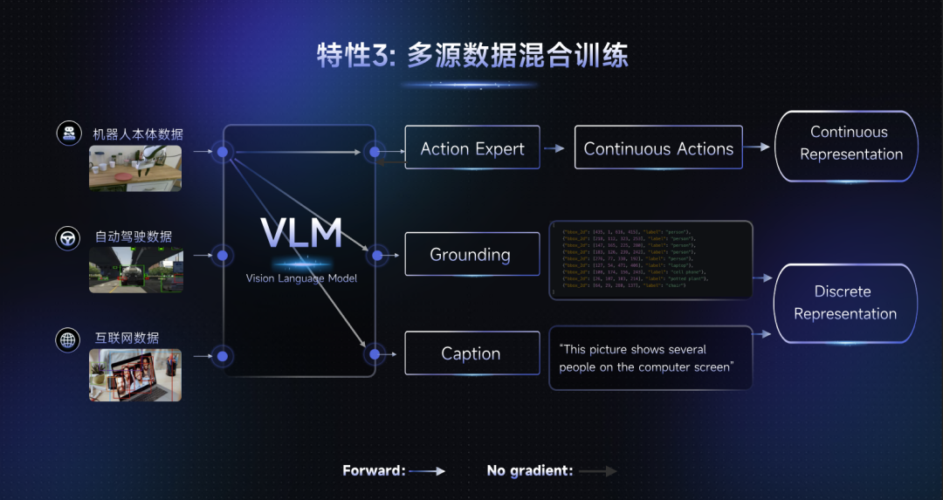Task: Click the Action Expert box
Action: pyautogui.click(x=472, y=148)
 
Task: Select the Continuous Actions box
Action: pyautogui.click(x=658, y=148)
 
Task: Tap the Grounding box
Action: pyautogui.click(x=470, y=255)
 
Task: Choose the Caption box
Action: pyautogui.click(x=470, y=353)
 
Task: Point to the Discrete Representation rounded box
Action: pyautogui.click(x=844, y=303)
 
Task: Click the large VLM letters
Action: pyautogui.click(x=300, y=234)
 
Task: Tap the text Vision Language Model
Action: pyautogui.click(x=301, y=278)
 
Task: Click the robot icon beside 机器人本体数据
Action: pyautogui.click(x=68, y=134)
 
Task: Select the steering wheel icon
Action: pyautogui.click(x=68, y=236)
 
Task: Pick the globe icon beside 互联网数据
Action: pyautogui.click(x=68, y=339)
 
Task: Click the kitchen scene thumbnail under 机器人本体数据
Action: pyautogui.click(x=135, y=168)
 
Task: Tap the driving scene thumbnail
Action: pyautogui.click(x=135, y=271)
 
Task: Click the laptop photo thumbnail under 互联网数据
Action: pyautogui.click(x=135, y=375)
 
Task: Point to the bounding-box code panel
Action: pyautogui.click(x=650, y=260)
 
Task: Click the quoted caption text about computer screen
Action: pyautogui.click(x=645, y=358)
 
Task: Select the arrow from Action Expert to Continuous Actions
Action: pyautogui.click(x=554, y=148)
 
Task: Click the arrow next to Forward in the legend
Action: pyautogui.click(x=427, y=471)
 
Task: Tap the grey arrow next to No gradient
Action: pyautogui.click(x=598, y=471)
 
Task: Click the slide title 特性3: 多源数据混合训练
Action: pyautogui.click(x=471, y=57)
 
